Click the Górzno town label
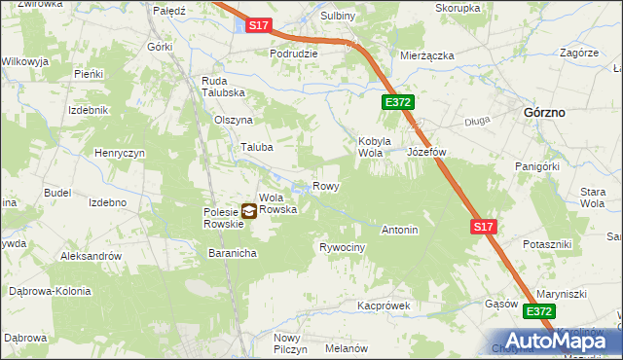[545, 112]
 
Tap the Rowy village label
[325, 186]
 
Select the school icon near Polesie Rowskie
[249, 209]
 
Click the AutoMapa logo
[565, 341]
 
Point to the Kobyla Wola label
[374, 146]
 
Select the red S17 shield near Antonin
[485, 227]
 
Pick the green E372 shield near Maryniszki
[540, 311]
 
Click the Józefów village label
[426, 153]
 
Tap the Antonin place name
[399, 231]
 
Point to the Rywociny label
[343, 247]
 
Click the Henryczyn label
[120, 154]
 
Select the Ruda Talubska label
[222, 87]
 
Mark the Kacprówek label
[385, 306]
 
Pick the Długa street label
[477, 122]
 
